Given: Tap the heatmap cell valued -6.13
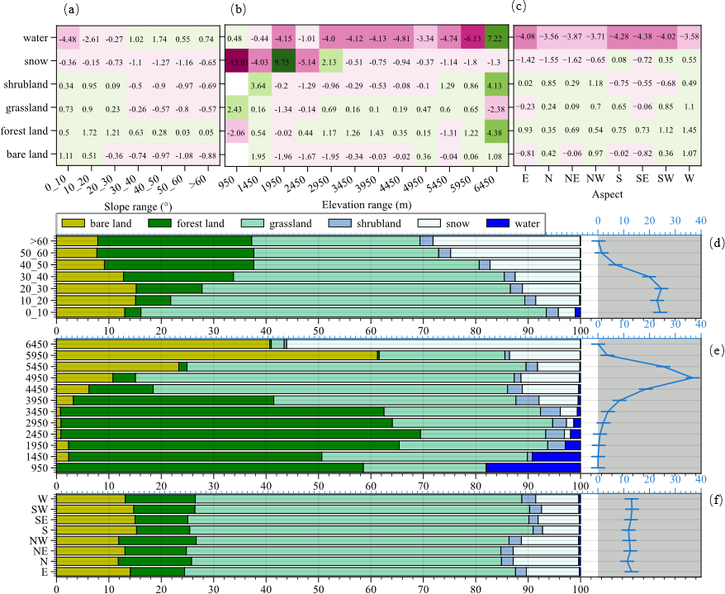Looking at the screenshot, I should coord(473,39).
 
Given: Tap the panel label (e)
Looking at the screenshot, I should coord(715,349).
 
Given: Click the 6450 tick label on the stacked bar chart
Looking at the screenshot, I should coord(39,343).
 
